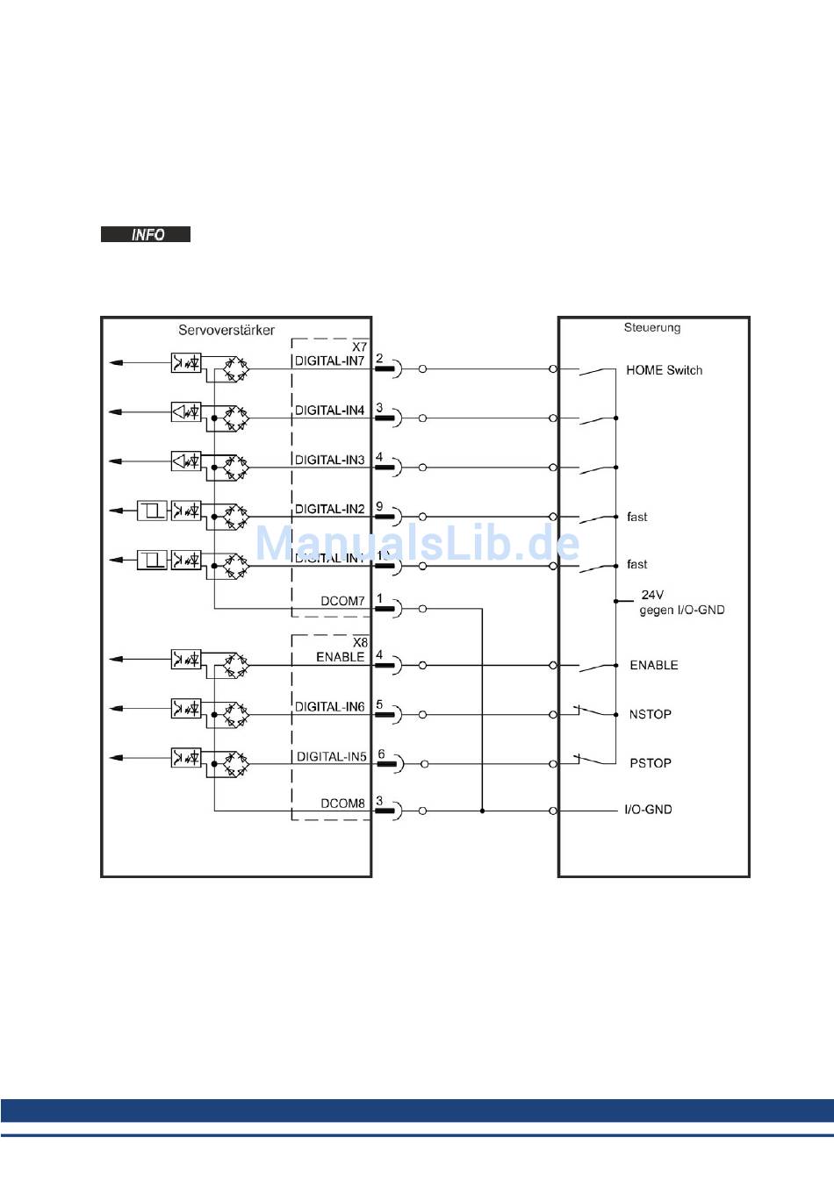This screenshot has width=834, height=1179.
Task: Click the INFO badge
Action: pyautogui.click(x=146, y=234)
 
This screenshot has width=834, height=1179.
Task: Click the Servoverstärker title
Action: pyautogui.click(x=226, y=331)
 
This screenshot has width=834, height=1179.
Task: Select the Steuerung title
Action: pyautogui.click(x=652, y=328)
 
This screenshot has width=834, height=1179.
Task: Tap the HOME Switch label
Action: pyautogui.click(x=664, y=370)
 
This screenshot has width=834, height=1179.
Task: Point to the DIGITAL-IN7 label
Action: pyautogui.click(x=329, y=361)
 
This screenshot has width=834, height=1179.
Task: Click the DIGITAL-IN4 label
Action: pyautogui.click(x=329, y=410)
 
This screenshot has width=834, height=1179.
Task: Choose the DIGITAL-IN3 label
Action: pyautogui.click(x=329, y=460)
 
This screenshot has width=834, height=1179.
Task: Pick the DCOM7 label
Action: pyautogui.click(x=342, y=601)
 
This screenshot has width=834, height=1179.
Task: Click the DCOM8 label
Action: pyautogui.click(x=342, y=803)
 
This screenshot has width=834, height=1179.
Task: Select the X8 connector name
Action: pyautogui.click(x=360, y=643)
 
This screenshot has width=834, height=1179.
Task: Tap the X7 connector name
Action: pyautogui.click(x=360, y=347)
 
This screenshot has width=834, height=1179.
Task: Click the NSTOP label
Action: pyautogui.click(x=650, y=714)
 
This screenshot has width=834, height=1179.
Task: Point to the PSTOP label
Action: pyautogui.click(x=650, y=763)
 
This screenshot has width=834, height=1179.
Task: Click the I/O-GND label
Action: pyautogui.click(x=648, y=810)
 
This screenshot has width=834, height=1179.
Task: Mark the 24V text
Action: pyautogui.click(x=652, y=595)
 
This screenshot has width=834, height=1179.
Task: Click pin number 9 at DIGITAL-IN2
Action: pyautogui.click(x=379, y=507)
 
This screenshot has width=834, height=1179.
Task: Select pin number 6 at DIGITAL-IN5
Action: pyautogui.click(x=381, y=754)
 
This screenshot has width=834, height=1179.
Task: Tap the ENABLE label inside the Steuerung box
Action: pyautogui.click(x=654, y=665)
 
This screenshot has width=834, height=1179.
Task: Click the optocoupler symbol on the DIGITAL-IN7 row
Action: pyautogui.click(x=186, y=362)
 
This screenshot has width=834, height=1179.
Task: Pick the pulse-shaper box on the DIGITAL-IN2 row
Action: pyautogui.click(x=152, y=510)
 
